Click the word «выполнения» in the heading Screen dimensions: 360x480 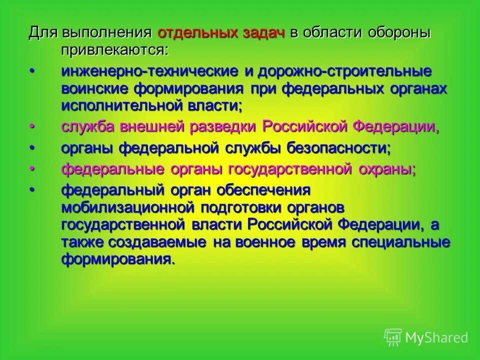(106, 33)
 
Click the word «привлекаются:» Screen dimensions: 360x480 (115, 50)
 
